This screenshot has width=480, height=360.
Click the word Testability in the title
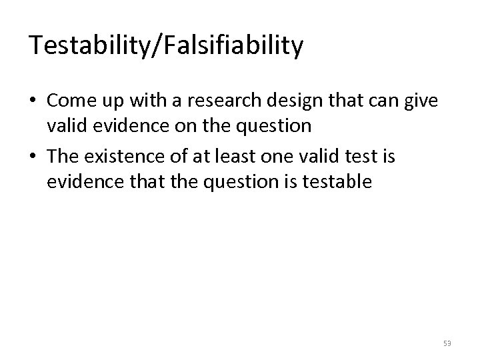[x=89, y=45]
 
